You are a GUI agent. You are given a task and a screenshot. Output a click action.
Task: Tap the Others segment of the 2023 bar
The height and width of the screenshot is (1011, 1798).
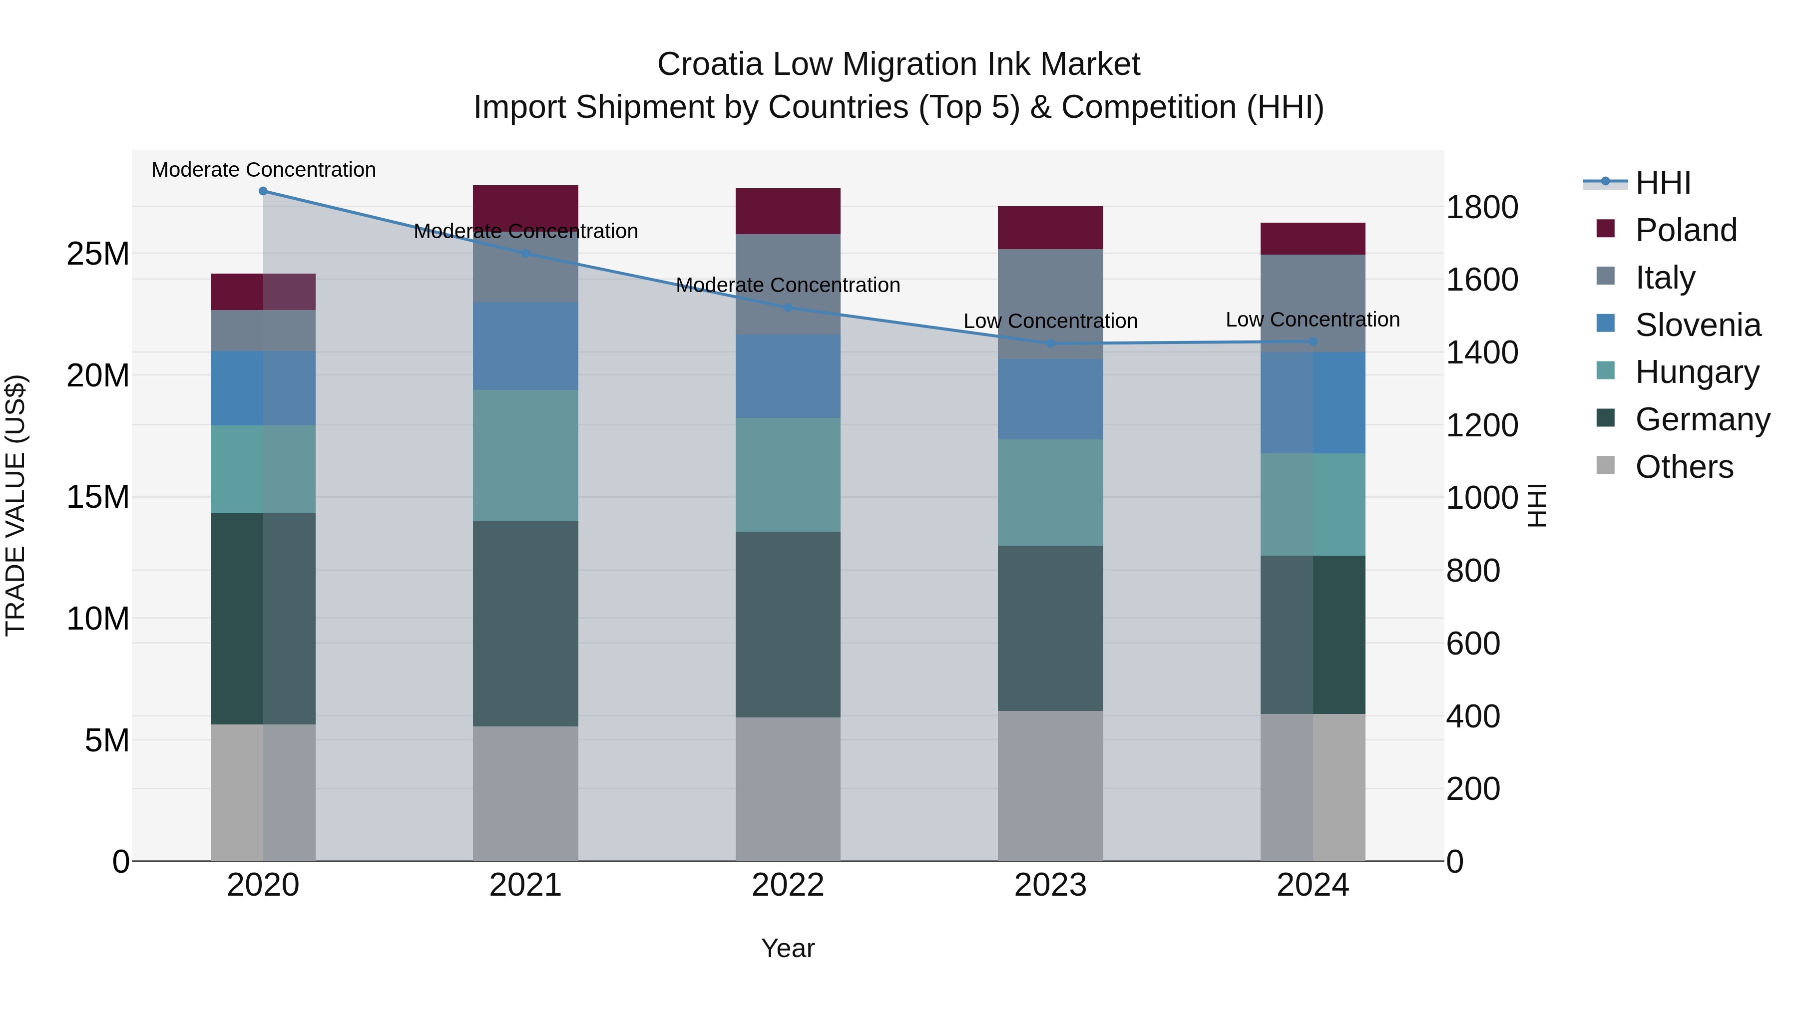click(x=1050, y=786)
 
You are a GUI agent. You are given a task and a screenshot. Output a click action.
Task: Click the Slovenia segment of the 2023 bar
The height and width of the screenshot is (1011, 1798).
click(x=1050, y=399)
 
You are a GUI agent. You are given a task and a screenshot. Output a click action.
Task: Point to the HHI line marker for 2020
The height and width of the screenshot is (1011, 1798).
click(x=263, y=191)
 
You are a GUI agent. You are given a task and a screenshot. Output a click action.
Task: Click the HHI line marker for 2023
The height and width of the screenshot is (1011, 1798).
click(x=1050, y=344)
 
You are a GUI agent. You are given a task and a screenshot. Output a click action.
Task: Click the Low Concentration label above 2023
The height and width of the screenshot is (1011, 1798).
click(x=1050, y=322)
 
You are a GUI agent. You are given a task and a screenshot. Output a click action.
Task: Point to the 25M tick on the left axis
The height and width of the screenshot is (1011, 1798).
click(x=98, y=254)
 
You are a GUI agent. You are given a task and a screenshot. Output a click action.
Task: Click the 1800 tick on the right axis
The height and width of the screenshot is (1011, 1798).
click(x=1481, y=208)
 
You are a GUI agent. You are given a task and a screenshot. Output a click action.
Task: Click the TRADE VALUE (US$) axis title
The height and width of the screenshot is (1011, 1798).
click(x=16, y=505)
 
